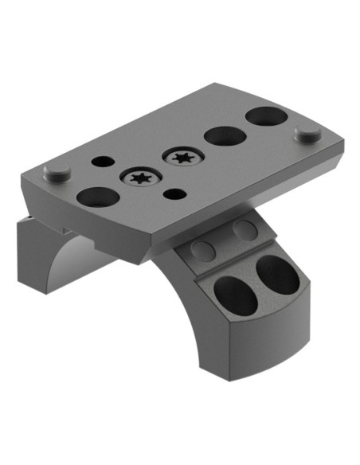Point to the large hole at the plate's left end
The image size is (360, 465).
click(98, 197)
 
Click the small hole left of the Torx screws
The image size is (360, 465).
click(103, 161)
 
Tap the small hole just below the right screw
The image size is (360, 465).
click(173, 192)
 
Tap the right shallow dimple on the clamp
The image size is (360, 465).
click(244, 230)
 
